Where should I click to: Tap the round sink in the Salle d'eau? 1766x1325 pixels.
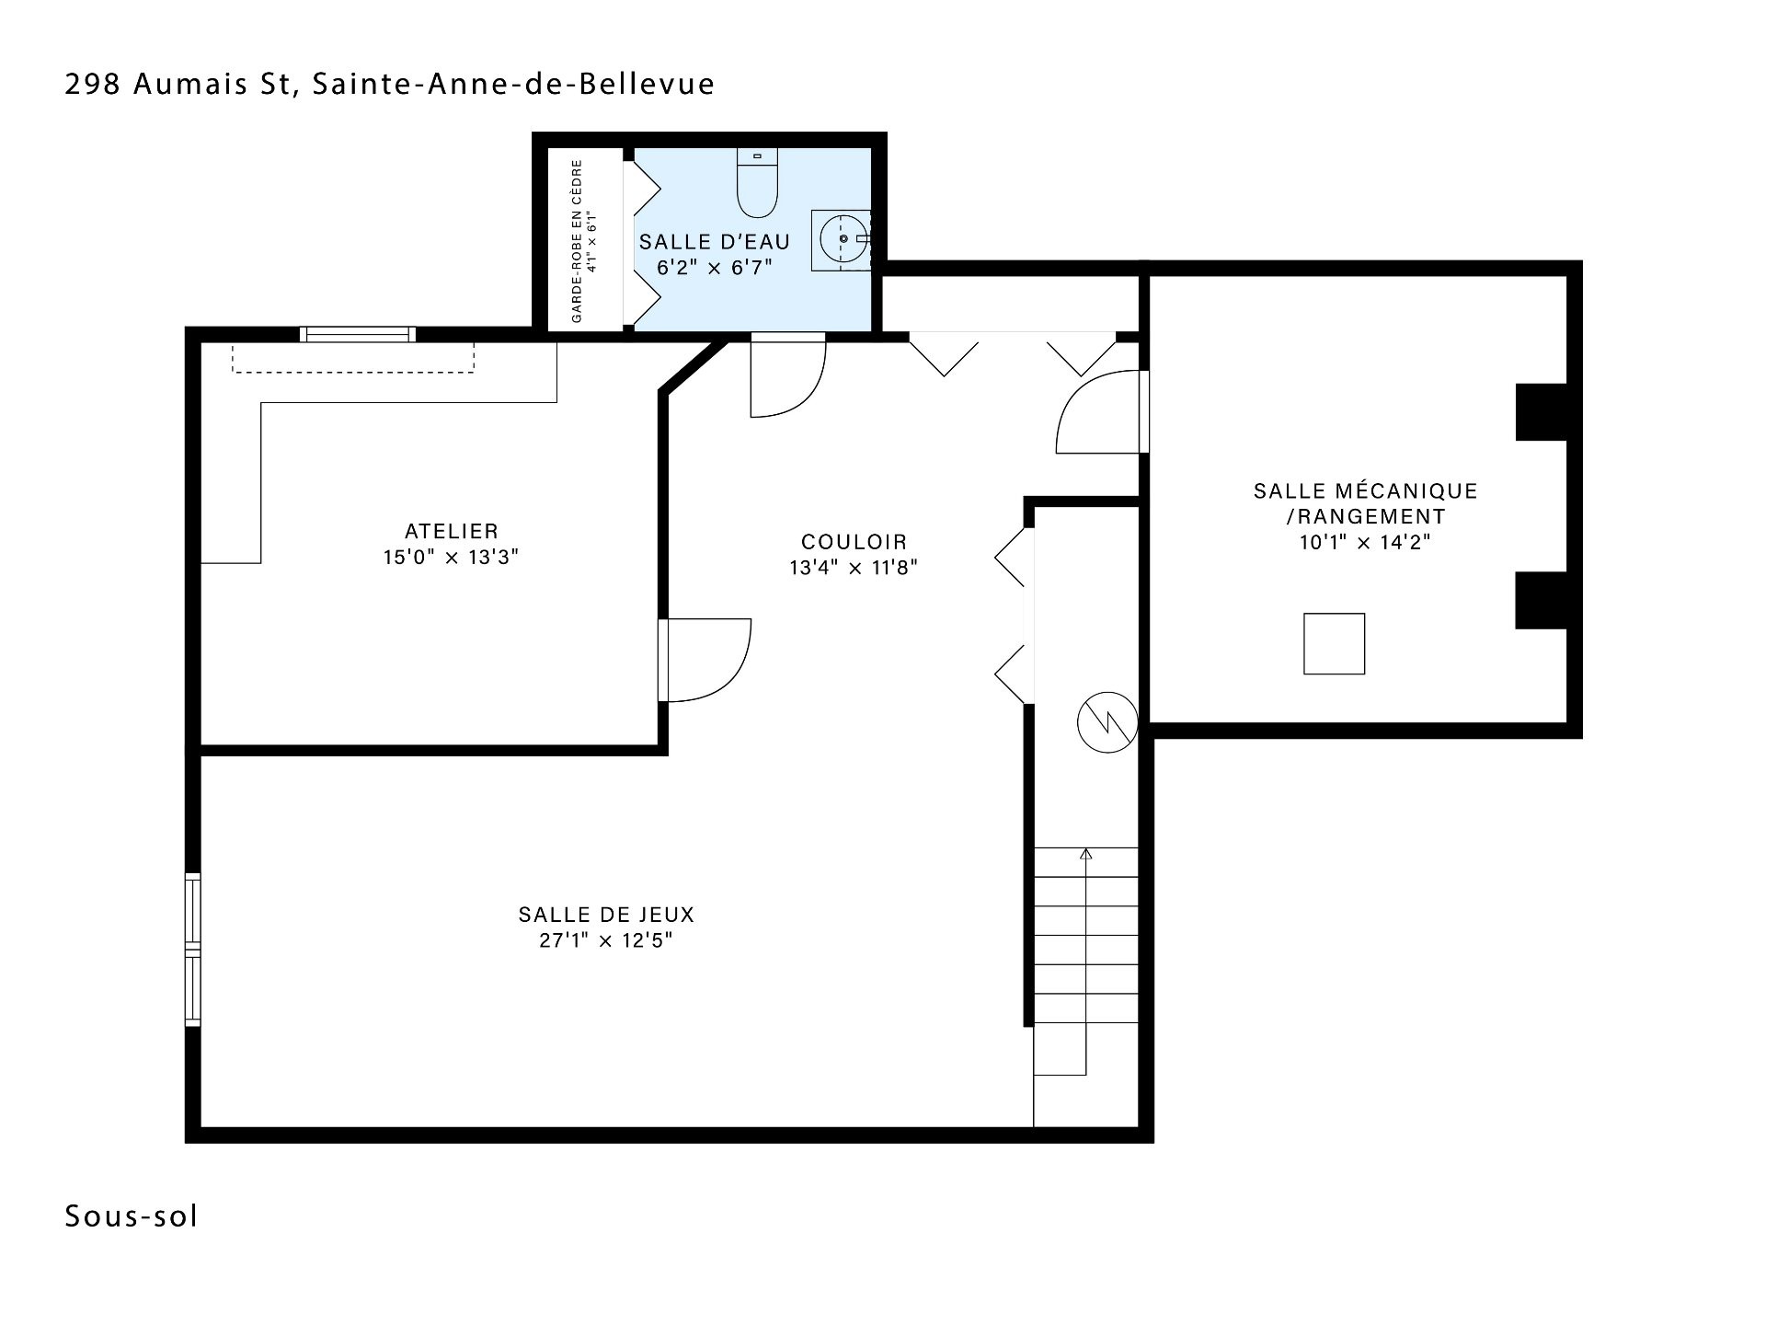click(843, 239)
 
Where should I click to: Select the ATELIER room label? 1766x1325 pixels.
click(452, 531)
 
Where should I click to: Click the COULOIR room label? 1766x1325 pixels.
click(854, 542)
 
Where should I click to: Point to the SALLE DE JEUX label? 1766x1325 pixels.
click(606, 915)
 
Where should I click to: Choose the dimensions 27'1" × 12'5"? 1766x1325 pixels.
click(606, 940)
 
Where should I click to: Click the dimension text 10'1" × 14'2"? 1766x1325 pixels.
click(1365, 542)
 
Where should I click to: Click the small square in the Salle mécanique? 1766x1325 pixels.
click(1334, 644)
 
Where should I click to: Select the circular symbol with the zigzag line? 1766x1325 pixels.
click(1107, 722)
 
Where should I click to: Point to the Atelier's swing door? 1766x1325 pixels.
click(705, 660)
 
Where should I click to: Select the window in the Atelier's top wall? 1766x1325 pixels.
click(358, 334)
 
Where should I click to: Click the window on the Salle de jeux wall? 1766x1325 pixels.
click(192, 949)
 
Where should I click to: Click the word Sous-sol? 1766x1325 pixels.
click(132, 1216)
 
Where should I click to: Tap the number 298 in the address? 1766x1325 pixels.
click(93, 84)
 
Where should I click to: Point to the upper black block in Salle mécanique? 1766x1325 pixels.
click(1542, 411)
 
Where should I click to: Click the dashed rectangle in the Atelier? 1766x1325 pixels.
click(353, 358)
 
